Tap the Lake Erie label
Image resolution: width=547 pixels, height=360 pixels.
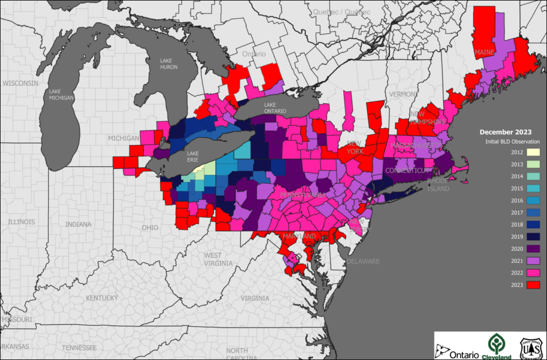pos(192,156)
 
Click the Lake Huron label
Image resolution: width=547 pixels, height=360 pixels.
pos(169,64)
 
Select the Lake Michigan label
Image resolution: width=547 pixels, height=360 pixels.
pos(61,94)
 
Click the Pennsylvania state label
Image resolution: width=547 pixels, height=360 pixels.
pos(303,195)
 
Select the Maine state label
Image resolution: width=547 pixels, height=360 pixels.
pos(484,52)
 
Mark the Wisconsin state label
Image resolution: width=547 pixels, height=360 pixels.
pos(20,83)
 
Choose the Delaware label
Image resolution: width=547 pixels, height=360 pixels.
pos(363,261)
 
